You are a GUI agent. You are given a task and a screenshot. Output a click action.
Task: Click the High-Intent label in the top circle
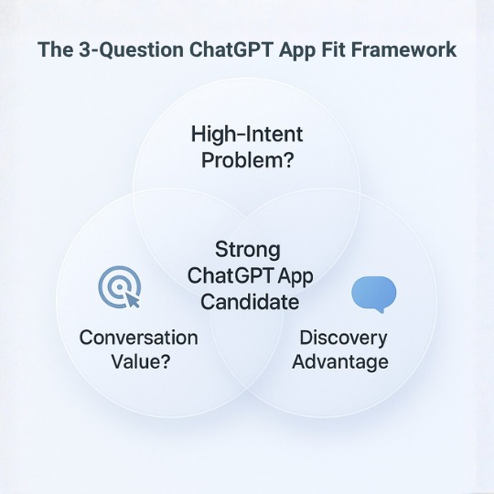(x=247, y=135)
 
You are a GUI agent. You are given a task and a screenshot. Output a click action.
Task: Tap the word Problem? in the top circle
(x=247, y=161)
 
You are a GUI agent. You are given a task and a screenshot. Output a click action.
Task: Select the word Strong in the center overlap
(x=247, y=250)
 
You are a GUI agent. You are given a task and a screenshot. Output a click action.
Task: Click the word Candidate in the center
(x=247, y=301)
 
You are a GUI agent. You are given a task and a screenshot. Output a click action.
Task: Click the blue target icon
(x=117, y=289)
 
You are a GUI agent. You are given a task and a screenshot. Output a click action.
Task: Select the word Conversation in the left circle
(x=138, y=337)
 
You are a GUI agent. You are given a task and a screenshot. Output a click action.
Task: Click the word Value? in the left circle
(x=138, y=361)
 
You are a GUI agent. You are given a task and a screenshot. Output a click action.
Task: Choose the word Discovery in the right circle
(x=344, y=338)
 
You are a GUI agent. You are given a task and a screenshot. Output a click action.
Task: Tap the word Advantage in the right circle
(x=344, y=362)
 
